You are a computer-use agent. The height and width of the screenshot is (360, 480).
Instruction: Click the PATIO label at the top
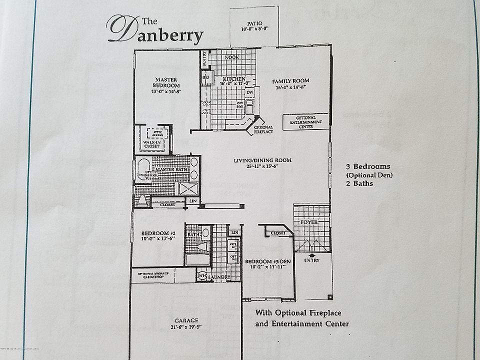tap(254, 23)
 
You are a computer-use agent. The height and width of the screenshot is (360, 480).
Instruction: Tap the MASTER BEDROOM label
tap(167, 82)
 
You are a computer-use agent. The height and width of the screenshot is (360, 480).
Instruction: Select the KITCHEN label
tap(233, 79)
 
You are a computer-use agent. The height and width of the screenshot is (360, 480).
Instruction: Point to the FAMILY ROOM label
tap(290, 80)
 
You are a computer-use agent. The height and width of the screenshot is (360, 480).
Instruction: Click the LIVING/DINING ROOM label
tap(262, 160)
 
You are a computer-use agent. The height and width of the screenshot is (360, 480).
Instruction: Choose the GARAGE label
tap(186, 320)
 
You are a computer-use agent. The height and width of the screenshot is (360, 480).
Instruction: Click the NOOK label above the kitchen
tap(231, 57)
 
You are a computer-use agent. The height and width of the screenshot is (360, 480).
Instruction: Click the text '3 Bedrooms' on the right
tap(367, 166)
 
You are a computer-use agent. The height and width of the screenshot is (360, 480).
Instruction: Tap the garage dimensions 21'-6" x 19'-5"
tap(186, 327)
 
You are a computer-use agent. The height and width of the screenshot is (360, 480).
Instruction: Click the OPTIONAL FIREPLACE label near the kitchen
tap(263, 130)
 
